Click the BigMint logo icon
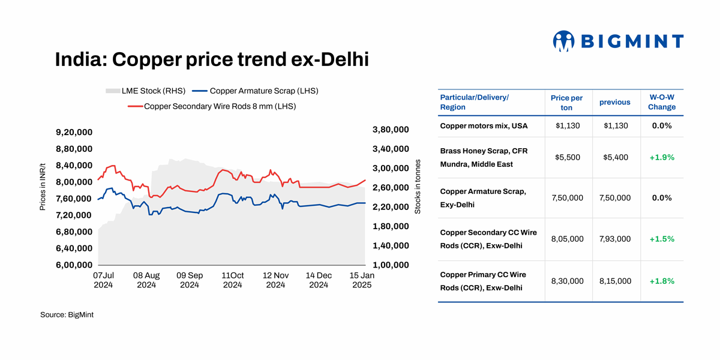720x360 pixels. (563, 41)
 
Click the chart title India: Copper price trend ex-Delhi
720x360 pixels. (212, 59)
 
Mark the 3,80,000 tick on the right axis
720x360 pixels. (391, 130)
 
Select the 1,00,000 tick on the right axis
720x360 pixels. (391, 265)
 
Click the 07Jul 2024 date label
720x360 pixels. (103, 280)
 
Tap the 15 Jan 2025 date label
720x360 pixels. (362, 280)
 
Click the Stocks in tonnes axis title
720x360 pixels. (418, 187)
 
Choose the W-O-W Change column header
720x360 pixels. (661, 102)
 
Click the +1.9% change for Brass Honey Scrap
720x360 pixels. (661, 157)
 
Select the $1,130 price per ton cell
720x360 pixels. (566, 126)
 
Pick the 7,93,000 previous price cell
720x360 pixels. (614, 239)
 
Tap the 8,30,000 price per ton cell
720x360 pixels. (567, 281)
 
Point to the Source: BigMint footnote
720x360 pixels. (67, 314)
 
